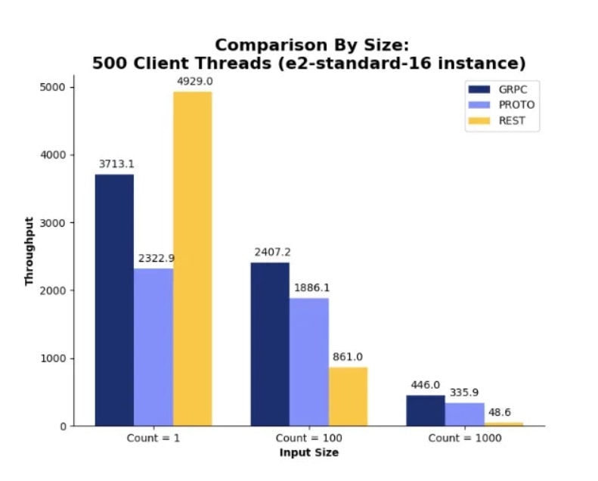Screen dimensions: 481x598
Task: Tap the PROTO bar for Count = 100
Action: [x=309, y=362]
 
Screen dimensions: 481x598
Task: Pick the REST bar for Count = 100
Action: [x=348, y=396]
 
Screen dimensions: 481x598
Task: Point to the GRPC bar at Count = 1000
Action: [x=426, y=410]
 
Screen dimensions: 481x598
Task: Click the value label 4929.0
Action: [x=192, y=81]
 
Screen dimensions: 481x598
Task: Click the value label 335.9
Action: [x=465, y=393]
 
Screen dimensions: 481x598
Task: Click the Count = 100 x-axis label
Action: [x=308, y=439]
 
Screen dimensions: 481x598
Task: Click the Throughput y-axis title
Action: [x=29, y=251]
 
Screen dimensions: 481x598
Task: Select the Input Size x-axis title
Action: [x=308, y=453]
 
